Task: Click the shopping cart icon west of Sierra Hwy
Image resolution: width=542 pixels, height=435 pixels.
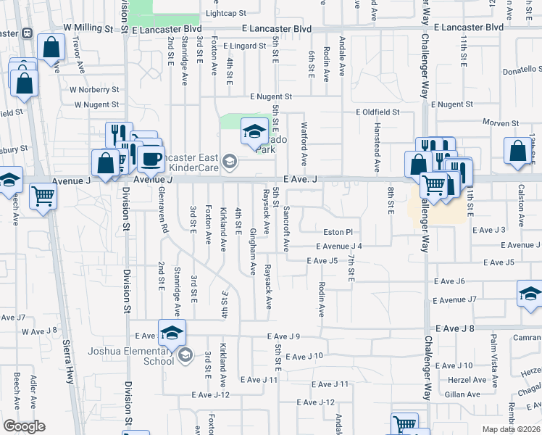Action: pyautogui.click(x=43, y=196)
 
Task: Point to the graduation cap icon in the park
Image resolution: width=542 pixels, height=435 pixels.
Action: pyautogui.click(x=254, y=133)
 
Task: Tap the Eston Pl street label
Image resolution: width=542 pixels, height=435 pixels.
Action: pyautogui.click(x=338, y=232)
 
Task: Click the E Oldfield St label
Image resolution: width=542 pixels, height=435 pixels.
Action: pyautogui.click(x=378, y=112)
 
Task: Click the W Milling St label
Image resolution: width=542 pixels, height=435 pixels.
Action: pyautogui.click(x=88, y=28)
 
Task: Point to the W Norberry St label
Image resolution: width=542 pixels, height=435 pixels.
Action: pyautogui.click(x=94, y=90)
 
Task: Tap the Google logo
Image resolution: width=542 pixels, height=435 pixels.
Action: pyautogui.click(x=24, y=426)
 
